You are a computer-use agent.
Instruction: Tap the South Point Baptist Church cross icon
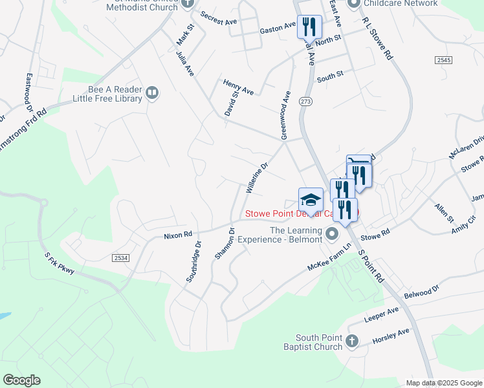point(351,341)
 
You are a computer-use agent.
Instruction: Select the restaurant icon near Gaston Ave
point(309,27)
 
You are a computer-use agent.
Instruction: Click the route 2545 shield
point(443,59)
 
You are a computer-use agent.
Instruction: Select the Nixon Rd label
point(179,235)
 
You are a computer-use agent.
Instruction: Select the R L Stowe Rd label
point(378,38)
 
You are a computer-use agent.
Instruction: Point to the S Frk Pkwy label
point(58,263)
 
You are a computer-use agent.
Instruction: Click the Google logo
point(21,380)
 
